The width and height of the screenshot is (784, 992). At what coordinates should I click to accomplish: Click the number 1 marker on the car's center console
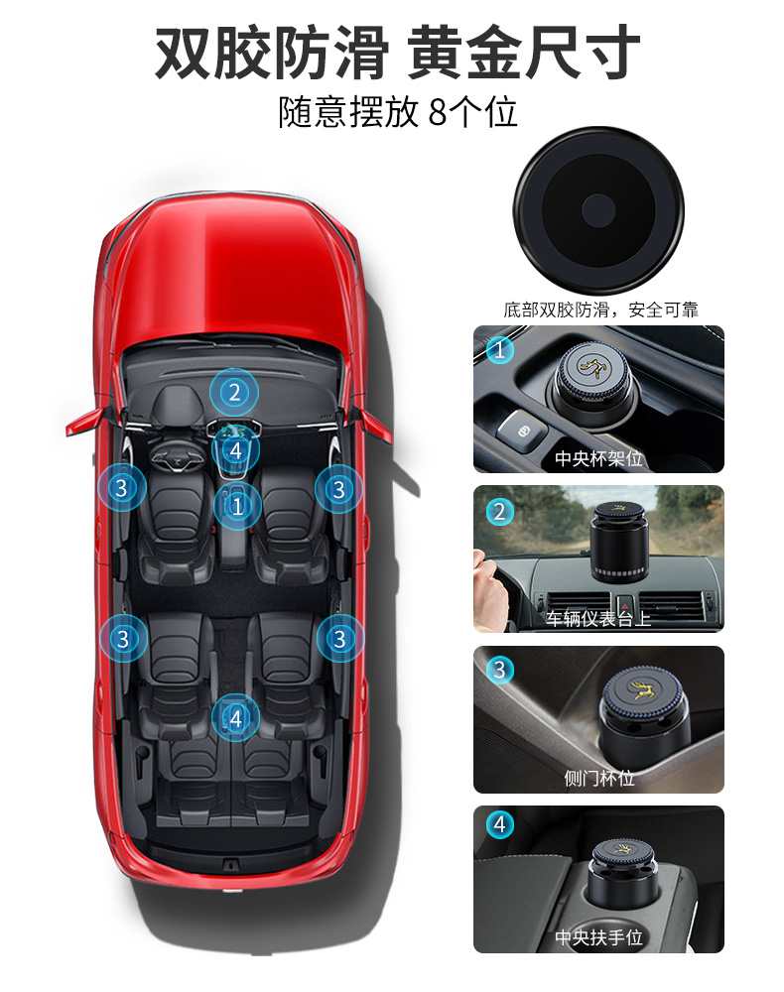click(x=236, y=506)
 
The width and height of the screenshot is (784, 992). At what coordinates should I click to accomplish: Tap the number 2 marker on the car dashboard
click(x=234, y=392)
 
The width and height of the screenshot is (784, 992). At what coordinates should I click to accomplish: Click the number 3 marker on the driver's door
click(x=122, y=488)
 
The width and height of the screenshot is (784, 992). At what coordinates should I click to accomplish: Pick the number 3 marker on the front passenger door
click(x=339, y=489)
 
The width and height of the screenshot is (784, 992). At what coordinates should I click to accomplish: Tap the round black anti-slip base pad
click(x=598, y=209)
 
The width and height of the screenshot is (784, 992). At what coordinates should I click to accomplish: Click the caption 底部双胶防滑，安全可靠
click(x=600, y=310)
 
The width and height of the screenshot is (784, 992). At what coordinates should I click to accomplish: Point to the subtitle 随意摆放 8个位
click(x=398, y=111)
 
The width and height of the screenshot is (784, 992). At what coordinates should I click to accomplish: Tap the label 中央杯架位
click(x=598, y=458)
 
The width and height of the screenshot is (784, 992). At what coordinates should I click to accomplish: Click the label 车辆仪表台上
click(x=598, y=619)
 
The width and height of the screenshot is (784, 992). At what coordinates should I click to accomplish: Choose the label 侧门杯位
click(x=598, y=779)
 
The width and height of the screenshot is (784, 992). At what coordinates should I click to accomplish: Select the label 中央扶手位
click(x=598, y=937)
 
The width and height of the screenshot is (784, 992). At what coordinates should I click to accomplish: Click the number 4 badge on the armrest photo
click(x=499, y=824)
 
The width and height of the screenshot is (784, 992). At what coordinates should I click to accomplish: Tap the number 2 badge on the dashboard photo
click(x=499, y=512)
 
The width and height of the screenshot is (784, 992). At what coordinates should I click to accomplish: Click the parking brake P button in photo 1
click(x=516, y=430)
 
